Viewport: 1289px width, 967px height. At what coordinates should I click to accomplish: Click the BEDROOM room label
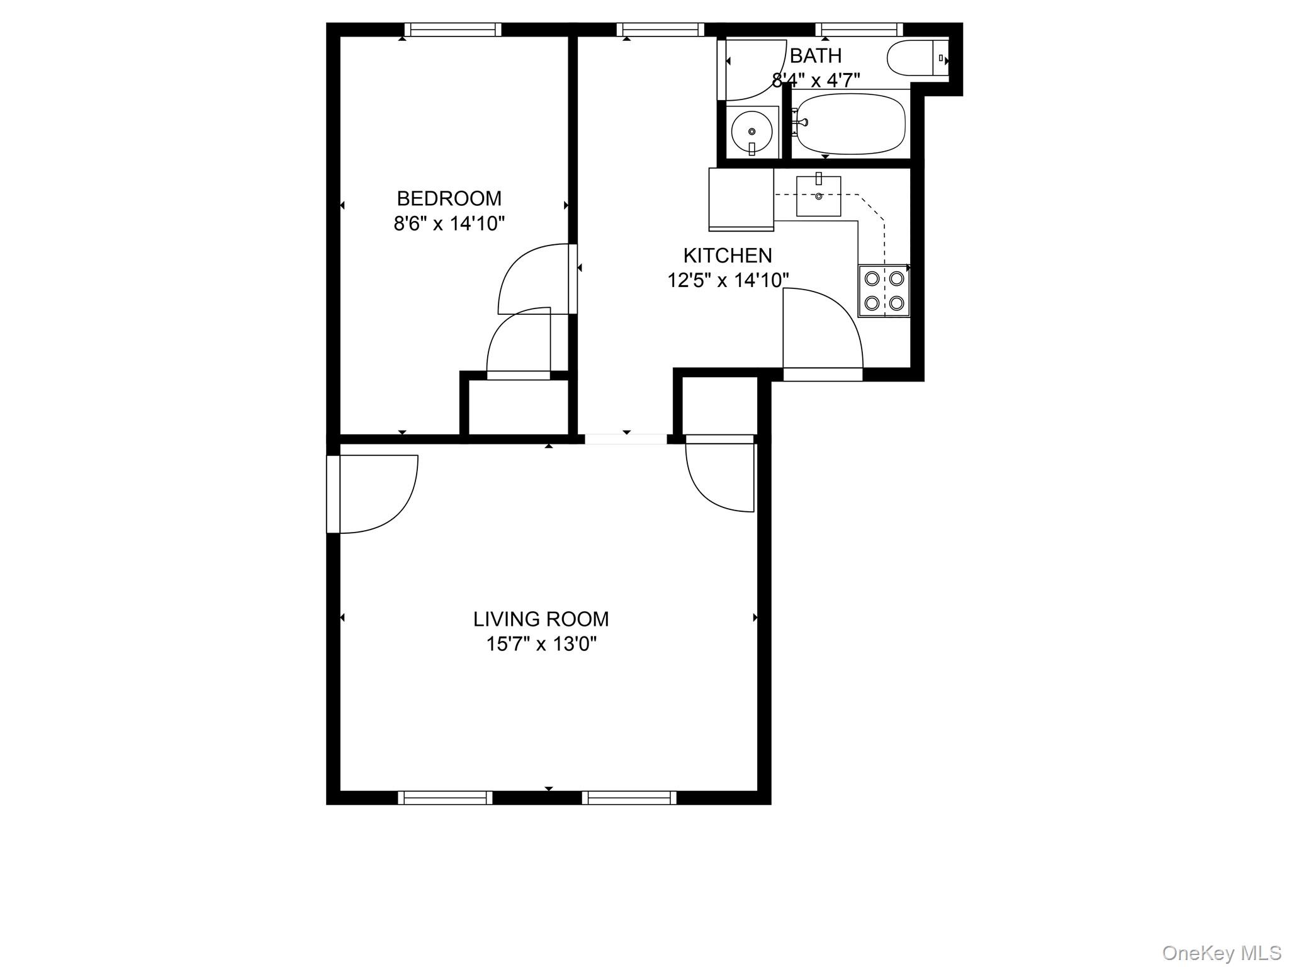(x=449, y=198)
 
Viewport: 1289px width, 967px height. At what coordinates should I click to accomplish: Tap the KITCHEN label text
(x=728, y=255)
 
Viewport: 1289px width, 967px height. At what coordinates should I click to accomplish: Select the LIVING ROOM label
(x=541, y=619)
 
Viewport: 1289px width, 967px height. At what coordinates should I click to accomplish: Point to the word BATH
(x=816, y=55)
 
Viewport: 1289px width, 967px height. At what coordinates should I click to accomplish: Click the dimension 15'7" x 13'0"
(x=541, y=644)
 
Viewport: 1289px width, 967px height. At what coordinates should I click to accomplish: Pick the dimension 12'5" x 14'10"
(x=728, y=280)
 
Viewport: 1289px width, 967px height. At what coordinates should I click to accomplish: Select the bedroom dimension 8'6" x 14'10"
(x=449, y=223)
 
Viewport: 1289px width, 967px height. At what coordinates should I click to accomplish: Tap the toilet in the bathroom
(x=918, y=59)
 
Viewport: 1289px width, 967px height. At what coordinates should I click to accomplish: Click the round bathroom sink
(x=752, y=132)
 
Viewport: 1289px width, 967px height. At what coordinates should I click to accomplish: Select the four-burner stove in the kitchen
(x=884, y=290)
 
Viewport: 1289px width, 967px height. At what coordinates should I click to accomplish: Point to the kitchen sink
(x=819, y=196)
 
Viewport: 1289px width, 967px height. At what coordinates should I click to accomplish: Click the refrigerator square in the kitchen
(x=741, y=199)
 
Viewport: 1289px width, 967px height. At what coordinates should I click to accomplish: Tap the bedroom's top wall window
(x=453, y=30)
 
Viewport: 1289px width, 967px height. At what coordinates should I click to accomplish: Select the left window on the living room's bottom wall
(x=446, y=798)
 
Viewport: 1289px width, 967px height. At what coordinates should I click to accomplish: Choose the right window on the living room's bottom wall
(x=629, y=798)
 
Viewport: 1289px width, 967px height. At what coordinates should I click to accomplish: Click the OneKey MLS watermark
(x=1222, y=953)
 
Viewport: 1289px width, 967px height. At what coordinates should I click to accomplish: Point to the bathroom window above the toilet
(x=859, y=30)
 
